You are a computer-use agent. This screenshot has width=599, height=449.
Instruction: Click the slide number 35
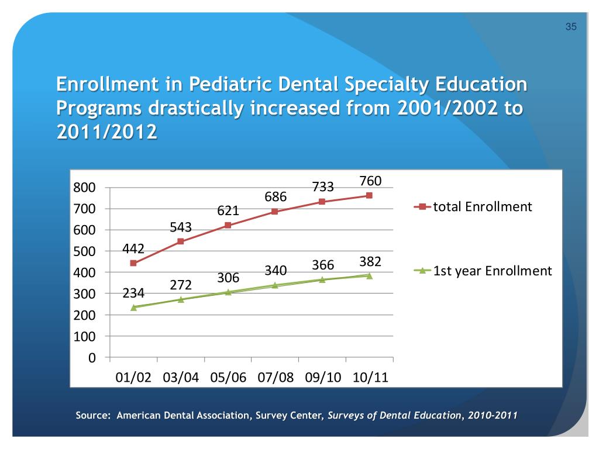(x=572, y=27)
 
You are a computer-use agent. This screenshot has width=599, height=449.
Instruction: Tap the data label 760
(x=370, y=181)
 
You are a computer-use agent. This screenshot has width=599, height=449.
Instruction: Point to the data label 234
(x=134, y=293)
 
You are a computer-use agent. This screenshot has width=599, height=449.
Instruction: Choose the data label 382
(x=370, y=262)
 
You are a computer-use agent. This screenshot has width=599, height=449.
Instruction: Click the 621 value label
(x=228, y=211)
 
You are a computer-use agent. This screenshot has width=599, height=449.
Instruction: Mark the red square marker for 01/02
(x=133, y=263)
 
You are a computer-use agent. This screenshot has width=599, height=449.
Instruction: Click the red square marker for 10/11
(x=370, y=195)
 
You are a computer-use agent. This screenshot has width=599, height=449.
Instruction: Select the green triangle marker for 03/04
(x=181, y=299)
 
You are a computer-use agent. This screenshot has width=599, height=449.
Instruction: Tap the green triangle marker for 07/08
(x=275, y=285)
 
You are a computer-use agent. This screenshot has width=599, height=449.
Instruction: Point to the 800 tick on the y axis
(x=84, y=188)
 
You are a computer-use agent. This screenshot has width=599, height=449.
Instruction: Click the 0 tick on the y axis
(x=92, y=357)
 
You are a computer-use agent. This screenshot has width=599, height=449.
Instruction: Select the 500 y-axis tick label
(x=84, y=251)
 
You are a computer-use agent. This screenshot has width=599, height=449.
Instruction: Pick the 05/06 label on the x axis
(x=228, y=377)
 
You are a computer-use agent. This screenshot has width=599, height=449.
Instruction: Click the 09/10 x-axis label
(x=323, y=377)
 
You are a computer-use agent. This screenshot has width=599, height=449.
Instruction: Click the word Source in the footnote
(x=92, y=416)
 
